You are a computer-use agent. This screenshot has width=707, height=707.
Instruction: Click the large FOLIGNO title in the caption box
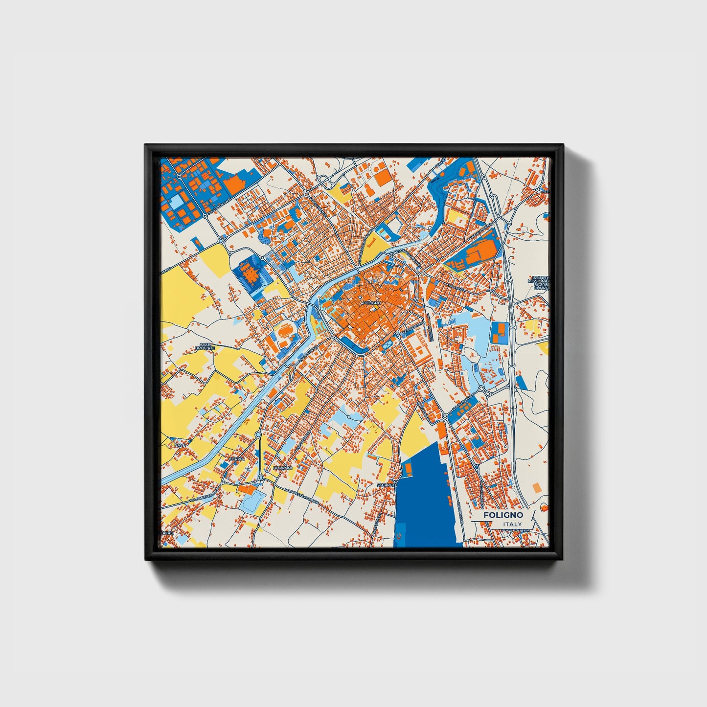tap(503, 515)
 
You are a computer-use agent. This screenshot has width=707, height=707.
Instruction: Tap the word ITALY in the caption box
tap(512, 525)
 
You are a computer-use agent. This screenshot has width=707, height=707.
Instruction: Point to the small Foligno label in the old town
tap(371, 303)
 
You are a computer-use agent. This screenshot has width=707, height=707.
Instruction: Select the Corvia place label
tap(237, 459)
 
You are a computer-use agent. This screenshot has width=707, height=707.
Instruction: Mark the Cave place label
tap(180, 446)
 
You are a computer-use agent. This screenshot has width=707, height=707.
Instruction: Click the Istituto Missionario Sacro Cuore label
tap(539, 283)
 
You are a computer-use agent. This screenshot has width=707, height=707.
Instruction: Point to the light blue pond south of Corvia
tap(251, 502)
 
